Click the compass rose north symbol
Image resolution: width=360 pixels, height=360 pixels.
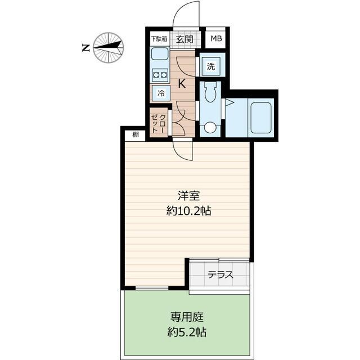108,47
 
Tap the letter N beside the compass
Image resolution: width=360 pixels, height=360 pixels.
86,48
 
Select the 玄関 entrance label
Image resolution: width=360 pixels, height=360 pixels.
184,39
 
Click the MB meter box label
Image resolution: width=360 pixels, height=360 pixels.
217,39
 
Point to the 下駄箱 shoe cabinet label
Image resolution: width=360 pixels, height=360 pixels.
159,39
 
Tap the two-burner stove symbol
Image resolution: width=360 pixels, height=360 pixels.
159,74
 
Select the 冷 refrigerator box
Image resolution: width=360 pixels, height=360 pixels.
160,93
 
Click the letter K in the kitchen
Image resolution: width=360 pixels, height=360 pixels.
182,84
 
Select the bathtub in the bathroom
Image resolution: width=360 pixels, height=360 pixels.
260,117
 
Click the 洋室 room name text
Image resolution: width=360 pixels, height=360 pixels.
187,197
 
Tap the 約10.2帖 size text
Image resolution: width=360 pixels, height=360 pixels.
188,211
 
